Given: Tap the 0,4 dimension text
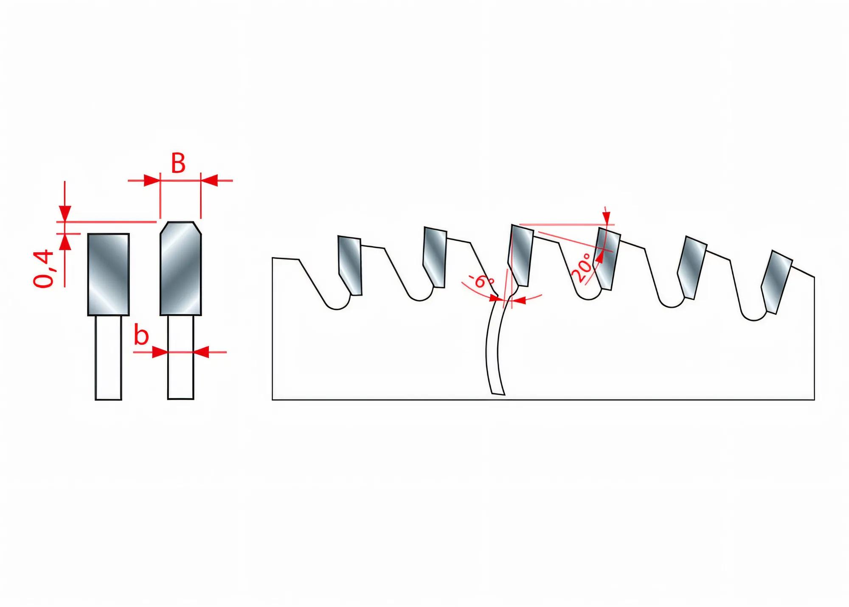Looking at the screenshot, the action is [x=44, y=269].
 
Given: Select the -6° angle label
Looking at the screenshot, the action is [x=481, y=281].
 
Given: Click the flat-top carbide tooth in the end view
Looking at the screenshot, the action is [x=108, y=274].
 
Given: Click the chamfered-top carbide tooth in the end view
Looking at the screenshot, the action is [x=181, y=268].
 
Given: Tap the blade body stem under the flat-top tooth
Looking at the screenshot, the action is [x=108, y=358].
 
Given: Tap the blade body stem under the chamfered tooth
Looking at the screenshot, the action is [x=181, y=358].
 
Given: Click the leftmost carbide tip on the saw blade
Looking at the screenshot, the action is [x=350, y=265].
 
